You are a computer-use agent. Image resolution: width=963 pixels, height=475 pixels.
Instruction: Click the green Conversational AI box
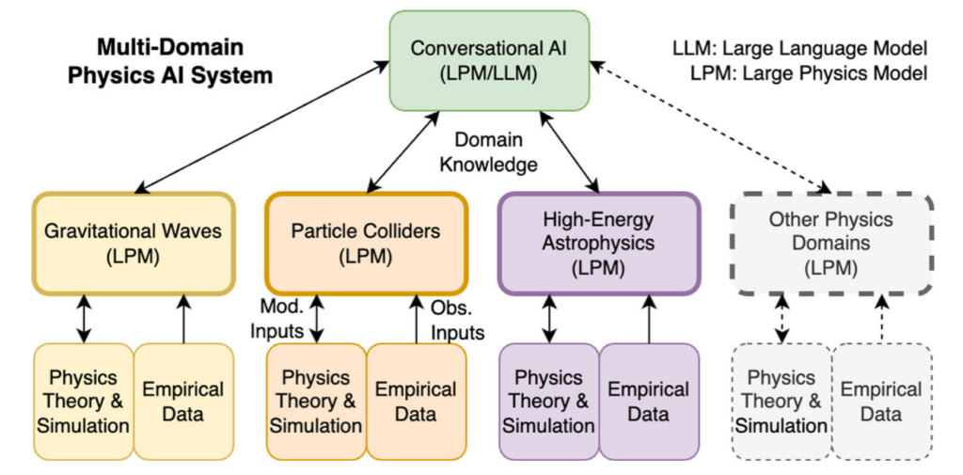coord(489,58)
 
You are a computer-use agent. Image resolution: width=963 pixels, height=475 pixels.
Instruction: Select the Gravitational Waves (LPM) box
coord(133,243)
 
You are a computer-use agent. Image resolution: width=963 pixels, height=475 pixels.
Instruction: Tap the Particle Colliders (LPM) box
coord(365,243)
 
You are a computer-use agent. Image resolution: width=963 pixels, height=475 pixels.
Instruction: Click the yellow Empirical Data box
coord(183,402)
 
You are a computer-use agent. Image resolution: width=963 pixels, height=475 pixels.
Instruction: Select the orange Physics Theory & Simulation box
coord(316,402)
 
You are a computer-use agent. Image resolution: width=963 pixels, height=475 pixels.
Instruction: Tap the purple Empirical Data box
coord(649,402)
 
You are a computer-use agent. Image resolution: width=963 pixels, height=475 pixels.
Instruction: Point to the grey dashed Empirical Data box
coord(882,402)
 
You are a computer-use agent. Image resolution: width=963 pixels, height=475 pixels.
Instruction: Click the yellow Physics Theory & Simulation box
coord(83,402)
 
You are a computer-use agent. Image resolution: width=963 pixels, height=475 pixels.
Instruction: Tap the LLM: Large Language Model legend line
coord(799,48)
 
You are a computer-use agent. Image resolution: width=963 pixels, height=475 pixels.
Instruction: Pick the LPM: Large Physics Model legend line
coord(799,72)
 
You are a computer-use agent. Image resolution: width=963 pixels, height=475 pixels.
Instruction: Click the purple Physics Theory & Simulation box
coord(548,402)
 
